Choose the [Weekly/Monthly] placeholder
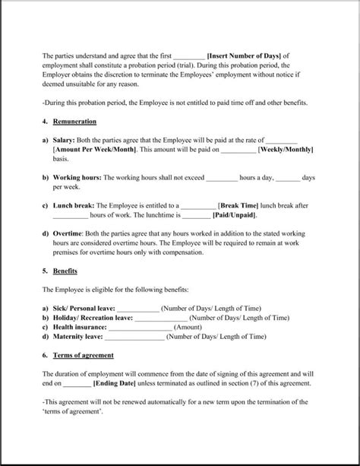pos(286,150)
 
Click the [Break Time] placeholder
pos(242,206)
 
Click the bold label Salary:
pos(66,141)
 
